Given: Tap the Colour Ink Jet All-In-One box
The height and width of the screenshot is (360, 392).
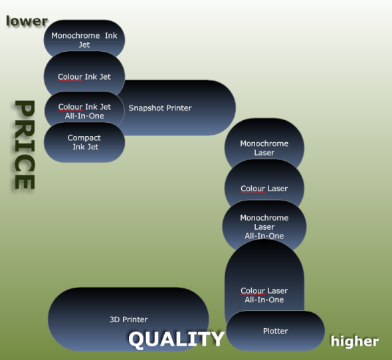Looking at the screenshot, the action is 84,110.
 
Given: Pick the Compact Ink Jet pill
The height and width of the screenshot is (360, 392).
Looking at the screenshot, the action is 84,142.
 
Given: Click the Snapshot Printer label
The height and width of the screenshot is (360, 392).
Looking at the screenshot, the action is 160,108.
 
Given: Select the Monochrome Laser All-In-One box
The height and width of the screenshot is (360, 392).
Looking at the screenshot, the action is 264,226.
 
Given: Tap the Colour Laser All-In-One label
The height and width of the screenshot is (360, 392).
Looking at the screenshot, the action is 264,296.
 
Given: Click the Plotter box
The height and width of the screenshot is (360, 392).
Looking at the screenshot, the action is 276,331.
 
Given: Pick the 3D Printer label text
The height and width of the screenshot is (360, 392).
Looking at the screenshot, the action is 128,319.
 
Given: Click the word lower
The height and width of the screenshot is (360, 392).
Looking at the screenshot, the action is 27,21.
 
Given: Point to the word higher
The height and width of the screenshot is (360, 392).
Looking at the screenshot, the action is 355,341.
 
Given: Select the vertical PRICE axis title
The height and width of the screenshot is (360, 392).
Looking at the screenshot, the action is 25,145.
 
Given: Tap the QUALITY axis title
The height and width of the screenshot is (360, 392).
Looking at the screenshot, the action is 176,339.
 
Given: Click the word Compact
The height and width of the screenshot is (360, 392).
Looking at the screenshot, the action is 84,138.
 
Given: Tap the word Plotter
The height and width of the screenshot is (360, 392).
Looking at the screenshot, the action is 276,331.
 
